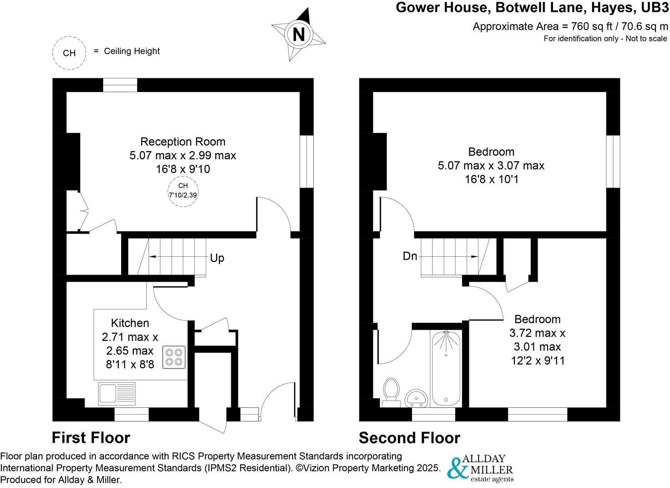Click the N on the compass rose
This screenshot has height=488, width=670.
[x=298, y=35]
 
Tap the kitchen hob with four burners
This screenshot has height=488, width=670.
[x=173, y=357]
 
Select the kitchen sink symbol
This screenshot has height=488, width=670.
[x=117, y=393]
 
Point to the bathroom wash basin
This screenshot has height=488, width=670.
[x=416, y=398]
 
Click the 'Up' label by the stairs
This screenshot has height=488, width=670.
[x=217, y=258]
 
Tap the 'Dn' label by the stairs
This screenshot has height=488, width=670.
[x=410, y=256]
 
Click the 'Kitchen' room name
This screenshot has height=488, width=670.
[x=130, y=323]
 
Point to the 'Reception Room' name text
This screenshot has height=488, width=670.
[x=183, y=142]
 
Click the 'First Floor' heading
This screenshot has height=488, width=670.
[x=91, y=437]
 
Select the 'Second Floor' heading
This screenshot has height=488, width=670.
[x=409, y=438]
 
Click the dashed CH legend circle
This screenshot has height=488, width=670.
[x=69, y=53]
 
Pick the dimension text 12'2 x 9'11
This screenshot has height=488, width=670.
[x=538, y=361]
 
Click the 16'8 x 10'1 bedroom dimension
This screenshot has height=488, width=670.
[x=491, y=179]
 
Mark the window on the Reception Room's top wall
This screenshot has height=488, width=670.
[x=120, y=85]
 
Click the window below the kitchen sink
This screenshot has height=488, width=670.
[x=132, y=414]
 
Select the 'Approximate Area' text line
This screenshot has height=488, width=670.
[x=570, y=26]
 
